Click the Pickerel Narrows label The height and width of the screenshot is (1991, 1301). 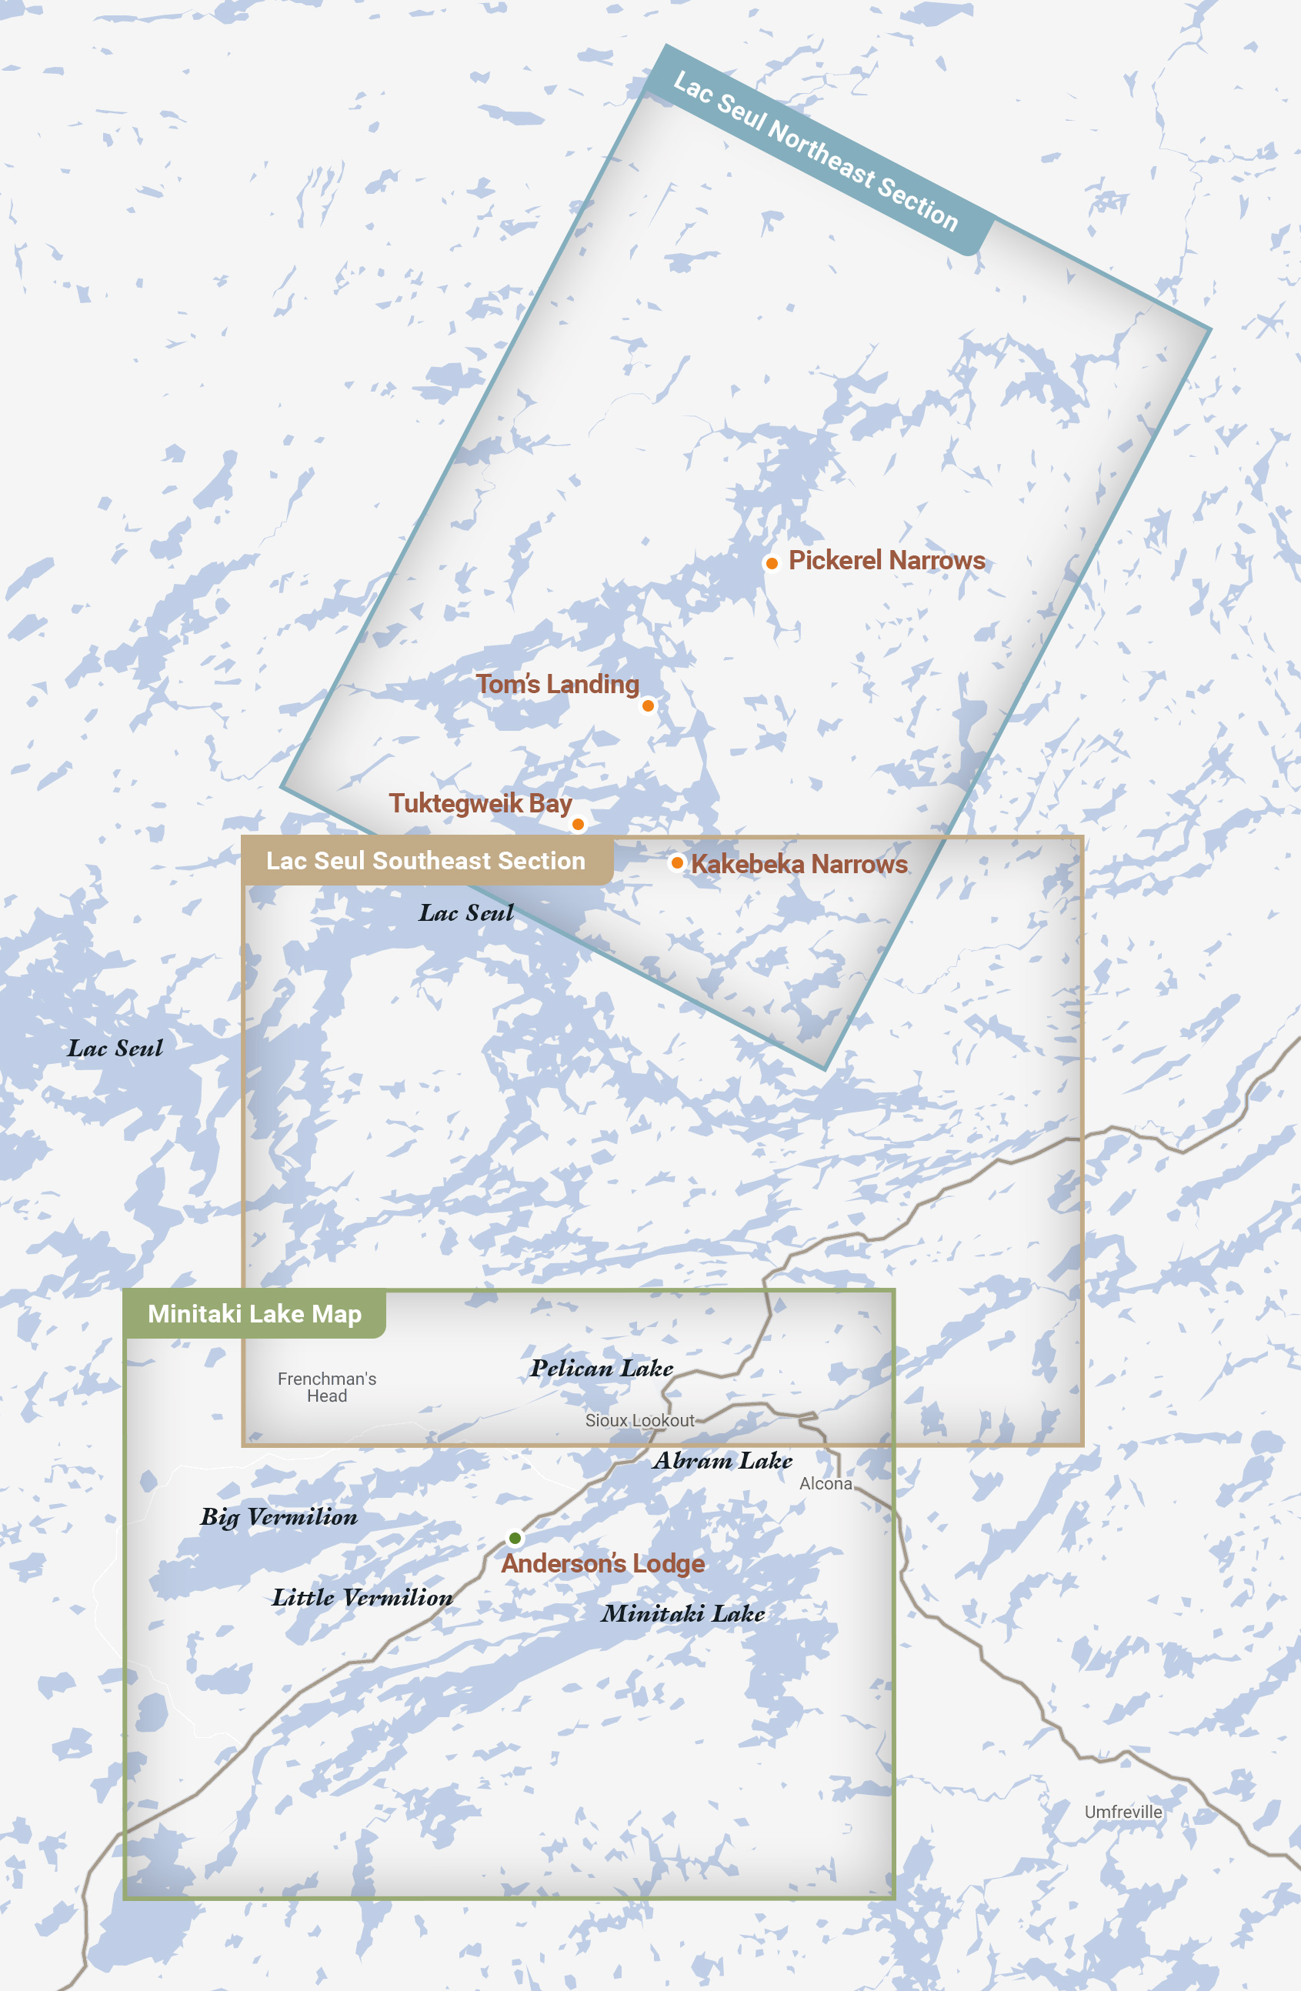[886, 561]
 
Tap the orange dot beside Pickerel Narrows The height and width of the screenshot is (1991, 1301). [772, 564]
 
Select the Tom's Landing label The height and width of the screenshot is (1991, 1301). [557, 684]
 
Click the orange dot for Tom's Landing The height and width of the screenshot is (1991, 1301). [648, 706]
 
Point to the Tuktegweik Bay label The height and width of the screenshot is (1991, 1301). [480, 803]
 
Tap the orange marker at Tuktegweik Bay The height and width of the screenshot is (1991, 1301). [577, 824]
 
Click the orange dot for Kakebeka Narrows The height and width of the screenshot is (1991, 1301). [677, 862]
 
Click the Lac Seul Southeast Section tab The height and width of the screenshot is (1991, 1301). [426, 861]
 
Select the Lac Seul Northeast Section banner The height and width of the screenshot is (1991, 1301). [816, 151]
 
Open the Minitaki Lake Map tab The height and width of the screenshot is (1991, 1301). [255, 1314]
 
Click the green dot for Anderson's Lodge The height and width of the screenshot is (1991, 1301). [515, 1538]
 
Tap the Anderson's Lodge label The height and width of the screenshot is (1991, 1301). [602, 1563]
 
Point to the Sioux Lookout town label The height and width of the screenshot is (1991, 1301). [639, 1420]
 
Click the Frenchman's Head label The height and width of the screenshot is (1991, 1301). [326, 1387]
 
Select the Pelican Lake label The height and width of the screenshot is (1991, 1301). [602, 1369]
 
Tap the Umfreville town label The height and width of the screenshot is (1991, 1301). [1123, 1812]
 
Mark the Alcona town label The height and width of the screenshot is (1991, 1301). [825, 1484]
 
